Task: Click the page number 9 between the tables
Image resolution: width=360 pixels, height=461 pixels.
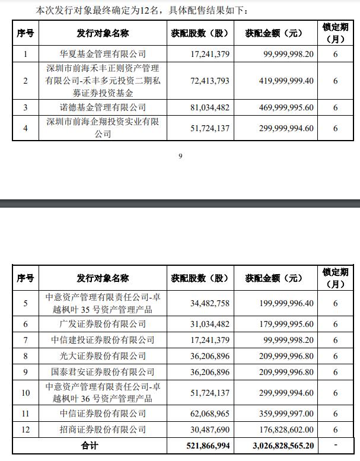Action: pos(180,156)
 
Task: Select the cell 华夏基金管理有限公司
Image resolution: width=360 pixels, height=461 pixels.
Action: pos(103,54)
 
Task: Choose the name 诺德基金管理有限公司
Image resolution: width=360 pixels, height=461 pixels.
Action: pos(103,107)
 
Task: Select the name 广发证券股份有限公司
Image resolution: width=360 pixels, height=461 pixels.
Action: pos(103,324)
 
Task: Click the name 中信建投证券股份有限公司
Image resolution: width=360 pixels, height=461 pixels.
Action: pos(103,340)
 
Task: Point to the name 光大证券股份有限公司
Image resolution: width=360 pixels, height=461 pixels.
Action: pos(103,356)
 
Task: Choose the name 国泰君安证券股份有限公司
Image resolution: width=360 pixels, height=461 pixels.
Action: pos(103,372)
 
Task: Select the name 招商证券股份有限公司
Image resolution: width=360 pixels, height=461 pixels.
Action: pos(103,430)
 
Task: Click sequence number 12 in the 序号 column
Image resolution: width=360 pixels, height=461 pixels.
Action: pos(26,430)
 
